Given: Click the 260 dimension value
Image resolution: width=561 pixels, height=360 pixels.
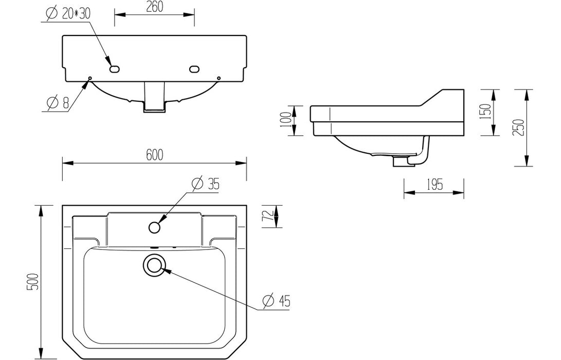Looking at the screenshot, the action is tap(155, 7).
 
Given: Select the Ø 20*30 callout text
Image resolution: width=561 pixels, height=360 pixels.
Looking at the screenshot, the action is tap(68, 13).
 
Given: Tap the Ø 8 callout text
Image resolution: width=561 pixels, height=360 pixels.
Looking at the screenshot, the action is tap(58, 103).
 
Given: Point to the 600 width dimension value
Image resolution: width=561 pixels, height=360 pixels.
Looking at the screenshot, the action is tap(155, 155).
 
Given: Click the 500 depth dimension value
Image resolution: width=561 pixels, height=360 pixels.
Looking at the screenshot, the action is tap(32, 282).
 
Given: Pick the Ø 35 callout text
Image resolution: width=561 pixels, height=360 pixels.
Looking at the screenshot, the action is tap(205, 184).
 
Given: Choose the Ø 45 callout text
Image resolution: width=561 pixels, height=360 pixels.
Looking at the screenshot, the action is tap(276, 301).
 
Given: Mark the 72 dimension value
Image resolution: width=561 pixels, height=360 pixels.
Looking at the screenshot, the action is tap(269, 216).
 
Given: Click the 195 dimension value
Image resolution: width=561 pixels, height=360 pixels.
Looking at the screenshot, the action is tap(434, 185).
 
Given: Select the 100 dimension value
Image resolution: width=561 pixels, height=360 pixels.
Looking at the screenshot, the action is tap(286, 120).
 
